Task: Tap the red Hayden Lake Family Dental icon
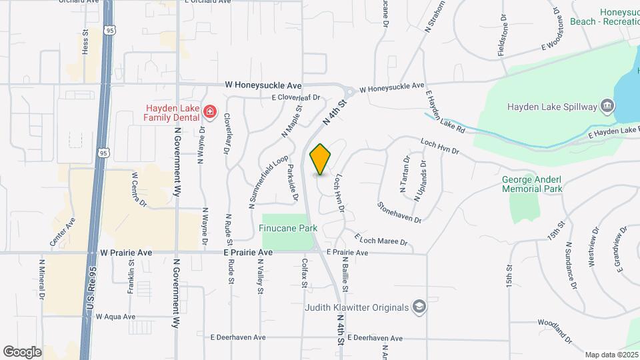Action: [209, 111]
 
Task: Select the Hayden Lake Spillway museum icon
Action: [607, 106]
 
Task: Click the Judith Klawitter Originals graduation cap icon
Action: [419, 307]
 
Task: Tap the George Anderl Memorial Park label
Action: [532, 184]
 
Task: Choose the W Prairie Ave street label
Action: [124, 253]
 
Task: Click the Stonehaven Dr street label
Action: [399, 213]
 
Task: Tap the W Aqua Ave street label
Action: [115, 317]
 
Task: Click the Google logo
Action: [22, 352]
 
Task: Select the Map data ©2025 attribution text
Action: [611, 355]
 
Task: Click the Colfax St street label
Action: [303, 274]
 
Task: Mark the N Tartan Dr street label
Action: [405, 173]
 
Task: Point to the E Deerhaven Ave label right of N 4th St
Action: [375, 338]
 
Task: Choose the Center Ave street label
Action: [62, 229]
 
